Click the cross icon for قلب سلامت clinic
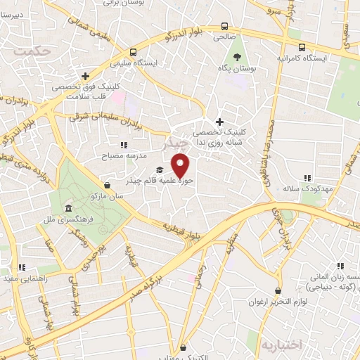point(85,76)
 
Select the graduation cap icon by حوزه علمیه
point(160,170)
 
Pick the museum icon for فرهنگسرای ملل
point(67,209)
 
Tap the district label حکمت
point(32,51)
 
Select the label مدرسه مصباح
point(145,155)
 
